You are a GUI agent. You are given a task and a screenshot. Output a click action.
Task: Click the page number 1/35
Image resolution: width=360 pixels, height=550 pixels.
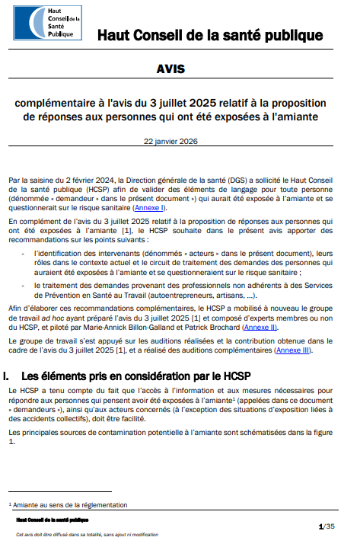pos(326,526)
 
